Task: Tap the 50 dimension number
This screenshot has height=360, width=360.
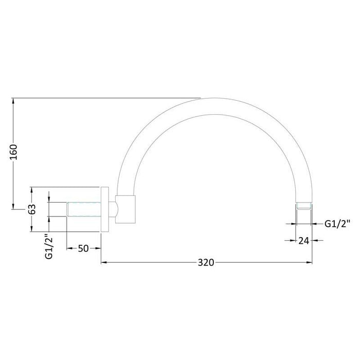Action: pos(83,248)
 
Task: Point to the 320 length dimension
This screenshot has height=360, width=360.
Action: pos(205,263)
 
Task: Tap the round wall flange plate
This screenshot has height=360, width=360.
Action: pos(104,209)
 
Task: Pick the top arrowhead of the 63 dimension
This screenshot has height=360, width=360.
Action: pos(32,189)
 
